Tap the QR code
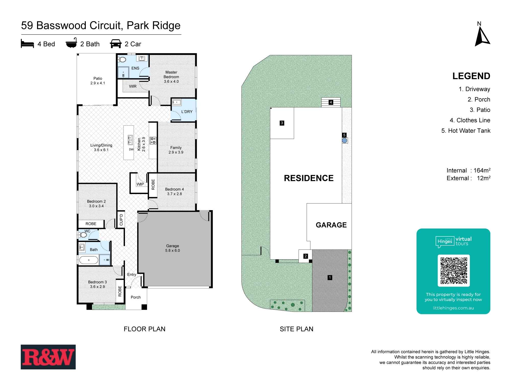454,271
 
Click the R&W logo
48,357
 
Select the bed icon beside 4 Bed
27,44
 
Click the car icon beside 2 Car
115,44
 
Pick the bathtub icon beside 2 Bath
71,44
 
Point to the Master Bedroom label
171,77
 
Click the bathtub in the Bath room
89,260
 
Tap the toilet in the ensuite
122,60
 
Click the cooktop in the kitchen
153,140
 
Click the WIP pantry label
140,184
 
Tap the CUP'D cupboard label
121,219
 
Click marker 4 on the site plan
331,102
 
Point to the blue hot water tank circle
344,140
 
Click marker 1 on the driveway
330,277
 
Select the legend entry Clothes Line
470,120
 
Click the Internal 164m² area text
468,170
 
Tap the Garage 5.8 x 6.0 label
172,248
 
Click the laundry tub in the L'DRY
176,102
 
